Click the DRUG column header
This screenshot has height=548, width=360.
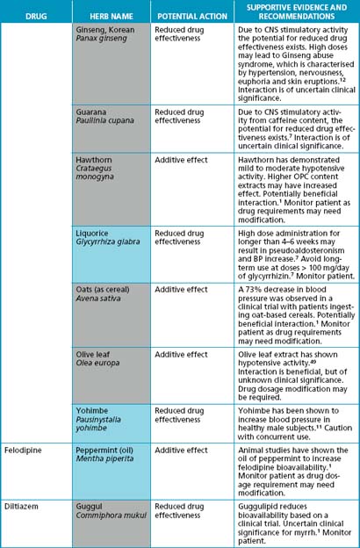pos(35,17)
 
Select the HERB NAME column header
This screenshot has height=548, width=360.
pos(112,17)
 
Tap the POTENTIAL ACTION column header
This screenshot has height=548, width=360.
pos(191,17)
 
